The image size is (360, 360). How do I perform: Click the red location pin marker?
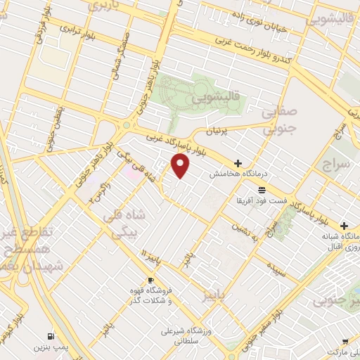(x=181, y=165)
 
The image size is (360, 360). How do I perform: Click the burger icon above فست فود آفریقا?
(x=261, y=191)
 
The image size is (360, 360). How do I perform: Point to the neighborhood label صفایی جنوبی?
(x=280, y=120)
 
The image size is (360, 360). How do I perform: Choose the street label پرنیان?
(x=199, y=131)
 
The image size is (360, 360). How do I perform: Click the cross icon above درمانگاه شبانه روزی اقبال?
(x=343, y=226)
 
